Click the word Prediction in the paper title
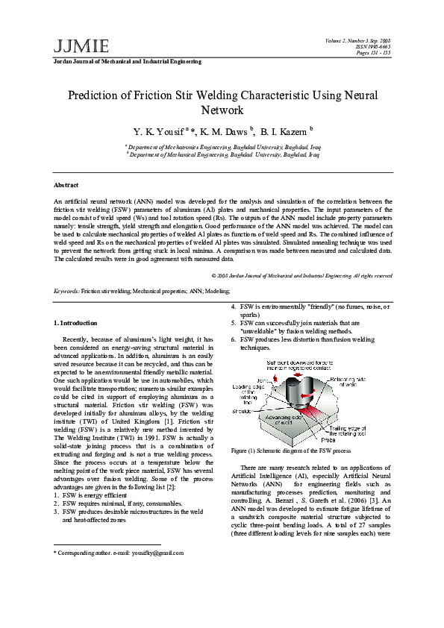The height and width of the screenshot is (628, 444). (93, 95)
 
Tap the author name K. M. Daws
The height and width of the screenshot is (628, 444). (225, 131)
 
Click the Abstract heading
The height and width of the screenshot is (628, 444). (66, 184)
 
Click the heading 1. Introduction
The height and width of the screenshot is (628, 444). (76, 322)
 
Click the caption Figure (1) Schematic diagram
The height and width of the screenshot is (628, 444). (291, 450)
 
